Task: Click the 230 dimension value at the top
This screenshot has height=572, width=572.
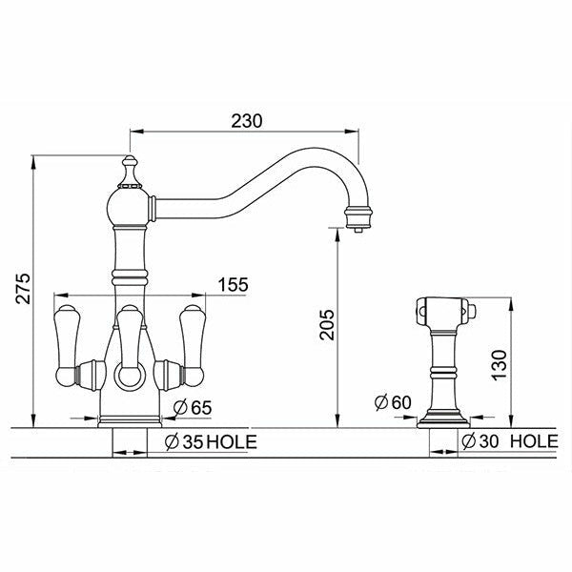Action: click(x=247, y=120)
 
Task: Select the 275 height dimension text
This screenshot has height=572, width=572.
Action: click(x=24, y=287)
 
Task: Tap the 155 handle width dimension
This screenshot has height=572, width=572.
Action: click(x=235, y=283)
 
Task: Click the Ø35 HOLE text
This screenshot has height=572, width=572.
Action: click(x=204, y=441)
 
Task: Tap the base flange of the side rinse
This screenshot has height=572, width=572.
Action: click(x=443, y=416)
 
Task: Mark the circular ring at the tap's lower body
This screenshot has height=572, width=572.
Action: click(x=129, y=378)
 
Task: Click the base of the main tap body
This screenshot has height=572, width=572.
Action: click(x=130, y=418)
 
